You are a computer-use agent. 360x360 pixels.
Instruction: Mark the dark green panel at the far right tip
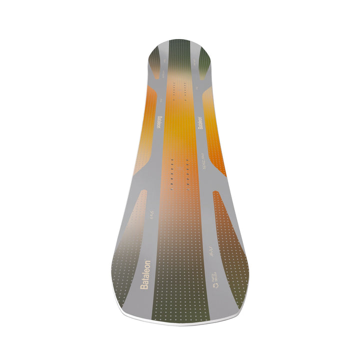[x=205, y=62]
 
